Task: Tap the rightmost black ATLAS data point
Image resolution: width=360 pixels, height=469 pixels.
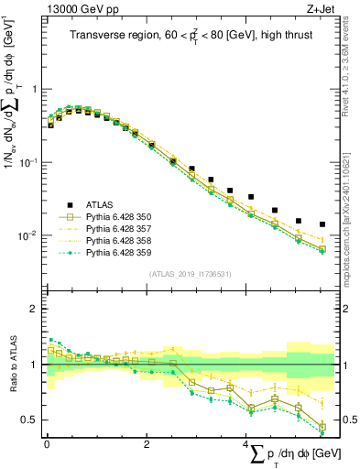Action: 322,224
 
